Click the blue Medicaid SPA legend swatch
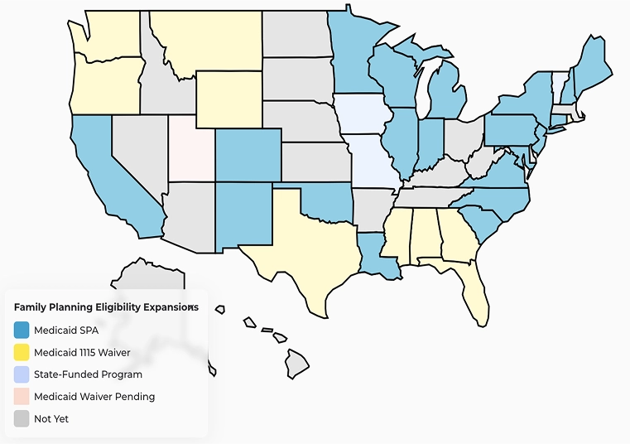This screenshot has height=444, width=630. tap(22, 330)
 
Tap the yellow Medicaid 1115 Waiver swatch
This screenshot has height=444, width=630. tap(22, 352)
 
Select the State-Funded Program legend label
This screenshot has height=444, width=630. tap(88, 374)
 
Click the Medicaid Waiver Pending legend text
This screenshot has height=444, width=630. tap(94, 397)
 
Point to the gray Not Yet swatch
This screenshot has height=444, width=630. tap(22, 419)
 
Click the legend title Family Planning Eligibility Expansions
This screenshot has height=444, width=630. tap(106, 306)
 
